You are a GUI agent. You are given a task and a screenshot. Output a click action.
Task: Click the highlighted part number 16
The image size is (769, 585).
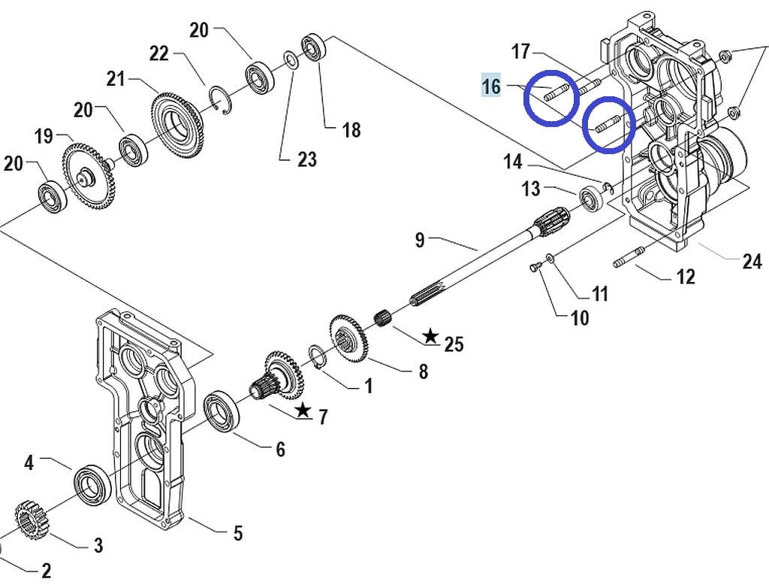pyautogui.click(x=491, y=86)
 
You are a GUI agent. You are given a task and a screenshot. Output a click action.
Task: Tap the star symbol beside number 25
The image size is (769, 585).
pyautogui.click(x=430, y=336)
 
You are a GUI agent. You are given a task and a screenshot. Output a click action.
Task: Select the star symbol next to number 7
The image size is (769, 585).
pyautogui.click(x=303, y=410)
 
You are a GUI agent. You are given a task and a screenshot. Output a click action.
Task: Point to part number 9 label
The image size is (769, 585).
pyautogui.click(x=419, y=240)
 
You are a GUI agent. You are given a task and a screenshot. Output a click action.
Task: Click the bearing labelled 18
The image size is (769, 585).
pyautogui.click(x=314, y=47)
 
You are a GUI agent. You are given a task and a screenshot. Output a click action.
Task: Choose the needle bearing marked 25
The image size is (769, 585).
pyautogui.click(x=384, y=318)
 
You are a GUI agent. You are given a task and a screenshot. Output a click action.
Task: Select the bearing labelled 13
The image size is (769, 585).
pyautogui.click(x=592, y=199)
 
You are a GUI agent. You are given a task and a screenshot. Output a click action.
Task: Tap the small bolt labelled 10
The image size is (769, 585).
pyautogui.click(x=535, y=267)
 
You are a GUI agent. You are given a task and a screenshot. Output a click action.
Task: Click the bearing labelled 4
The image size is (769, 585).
pyautogui.click(x=92, y=483)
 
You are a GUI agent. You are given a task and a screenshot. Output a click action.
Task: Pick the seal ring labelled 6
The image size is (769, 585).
pyautogui.click(x=222, y=413)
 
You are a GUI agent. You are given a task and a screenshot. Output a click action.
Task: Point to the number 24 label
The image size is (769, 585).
pyautogui.click(x=751, y=262)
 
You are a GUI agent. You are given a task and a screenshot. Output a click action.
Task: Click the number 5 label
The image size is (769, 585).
pyautogui.click(x=238, y=533)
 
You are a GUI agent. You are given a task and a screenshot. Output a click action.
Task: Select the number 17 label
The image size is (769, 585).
pyautogui.click(x=520, y=51)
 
